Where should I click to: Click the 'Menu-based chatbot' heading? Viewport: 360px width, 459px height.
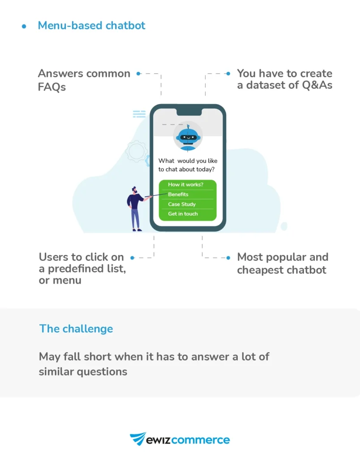pos(91,26)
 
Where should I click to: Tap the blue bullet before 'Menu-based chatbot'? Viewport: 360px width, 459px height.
pos(24,26)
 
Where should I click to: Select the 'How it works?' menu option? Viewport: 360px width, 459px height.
pos(185,185)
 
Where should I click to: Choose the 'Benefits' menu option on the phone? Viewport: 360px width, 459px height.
pos(178,195)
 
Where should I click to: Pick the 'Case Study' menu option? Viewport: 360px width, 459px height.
pos(182,204)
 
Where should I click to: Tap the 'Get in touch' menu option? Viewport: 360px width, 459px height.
pos(183,214)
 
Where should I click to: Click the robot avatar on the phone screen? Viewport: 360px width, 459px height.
pos(187,136)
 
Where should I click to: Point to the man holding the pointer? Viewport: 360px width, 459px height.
pos(135,208)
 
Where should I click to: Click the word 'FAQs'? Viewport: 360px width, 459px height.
pos(52,87)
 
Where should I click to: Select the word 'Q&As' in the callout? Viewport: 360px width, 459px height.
pos(315,85)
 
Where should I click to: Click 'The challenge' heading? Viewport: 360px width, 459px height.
pos(76,329)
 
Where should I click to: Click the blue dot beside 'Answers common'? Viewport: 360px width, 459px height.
pos(139,74)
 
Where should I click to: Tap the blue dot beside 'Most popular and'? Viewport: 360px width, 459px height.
pos(228,258)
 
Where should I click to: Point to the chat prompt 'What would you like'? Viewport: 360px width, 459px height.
pos(188,161)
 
